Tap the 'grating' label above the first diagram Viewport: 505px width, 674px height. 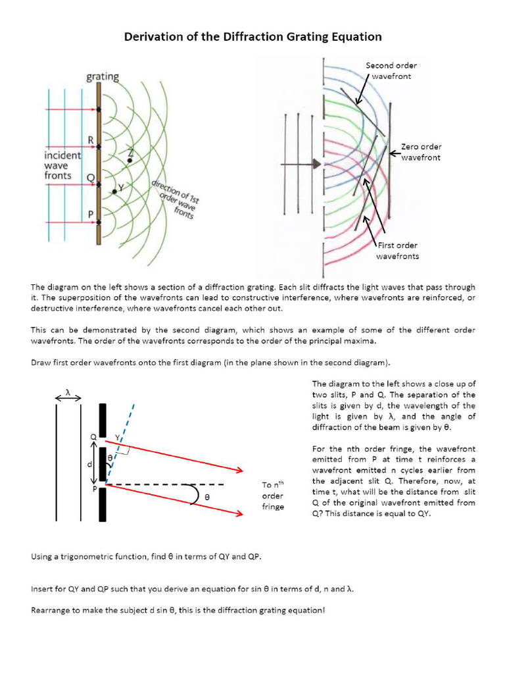pyautogui.click(x=103, y=77)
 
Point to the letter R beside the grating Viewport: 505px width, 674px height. pyautogui.click(x=91, y=140)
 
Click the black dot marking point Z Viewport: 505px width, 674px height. pyautogui.click(x=130, y=160)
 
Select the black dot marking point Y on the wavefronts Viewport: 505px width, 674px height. pyautogui.click(x=114, y=192)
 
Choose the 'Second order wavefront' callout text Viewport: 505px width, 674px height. pyautogui.click(x=391, y=70)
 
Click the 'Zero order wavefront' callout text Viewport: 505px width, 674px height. pyautogui.click(x=421, y=152)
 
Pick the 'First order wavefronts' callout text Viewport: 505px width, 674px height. pyautogui.click(x=397, y=251)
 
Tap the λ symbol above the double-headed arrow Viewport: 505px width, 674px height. pyautogui.click(x=68, y=391)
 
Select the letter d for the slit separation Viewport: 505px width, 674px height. pyautogui.click(x=89, y=465)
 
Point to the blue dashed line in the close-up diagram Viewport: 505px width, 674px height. pyautogui.click(x=126, y=428)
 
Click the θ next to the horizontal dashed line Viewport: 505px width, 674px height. pyautogui.click(x=206, y=498)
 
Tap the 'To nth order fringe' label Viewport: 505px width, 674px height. pyautogui.click(x=273, y=496)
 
